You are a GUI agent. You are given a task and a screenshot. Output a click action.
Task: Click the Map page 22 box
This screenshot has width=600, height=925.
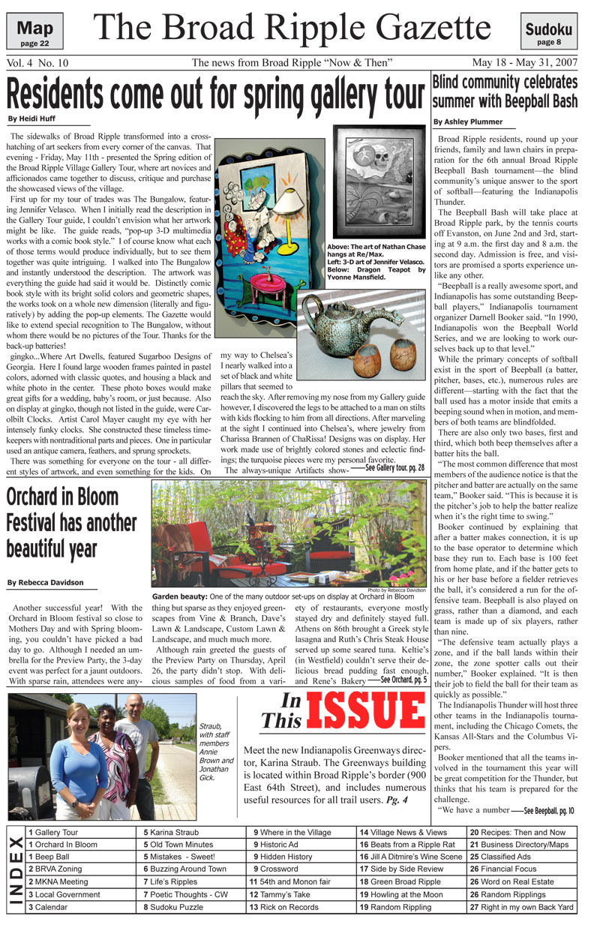(34, 33)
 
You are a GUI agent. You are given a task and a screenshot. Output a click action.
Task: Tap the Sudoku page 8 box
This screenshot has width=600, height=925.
(549, 33)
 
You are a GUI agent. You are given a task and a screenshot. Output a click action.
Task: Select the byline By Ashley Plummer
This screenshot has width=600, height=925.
(466, 122)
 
